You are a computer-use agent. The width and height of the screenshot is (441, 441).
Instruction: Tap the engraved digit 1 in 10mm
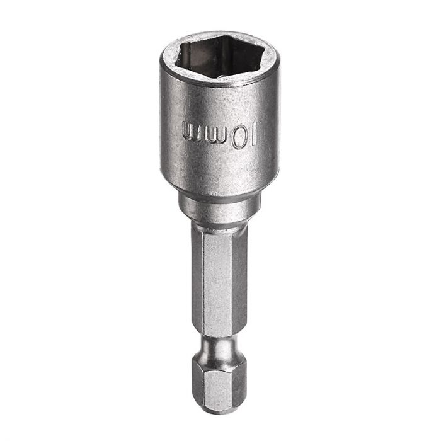coord(253,134)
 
